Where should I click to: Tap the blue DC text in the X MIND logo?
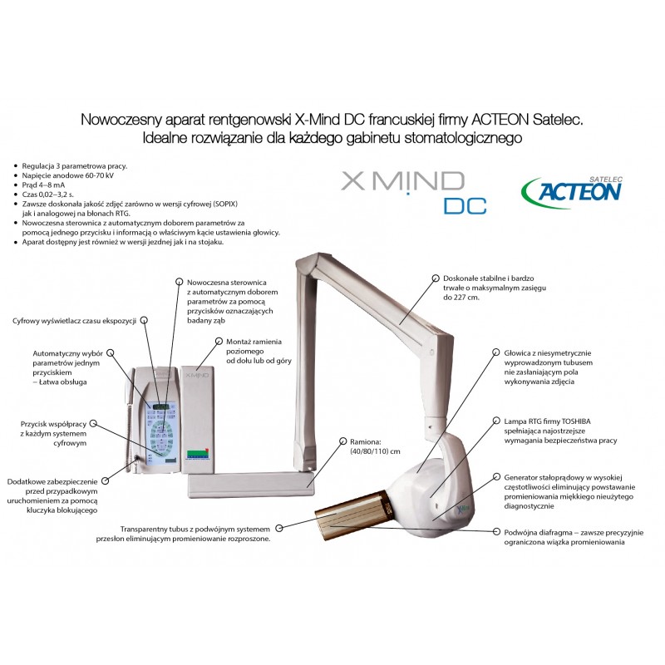tap(465, 206)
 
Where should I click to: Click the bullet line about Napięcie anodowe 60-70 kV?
tap(68, 175)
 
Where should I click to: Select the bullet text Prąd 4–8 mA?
tap(43, 185)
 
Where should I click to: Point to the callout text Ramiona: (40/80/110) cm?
tap(375, 446)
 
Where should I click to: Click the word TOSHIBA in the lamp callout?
tap(576, 421)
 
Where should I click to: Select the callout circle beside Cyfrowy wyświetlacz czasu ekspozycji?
tap(144, 321)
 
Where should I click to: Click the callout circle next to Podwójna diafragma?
tap(496, 531)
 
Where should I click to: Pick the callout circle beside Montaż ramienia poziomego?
tap(219, 341)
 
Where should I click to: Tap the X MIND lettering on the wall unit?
tap(197, 376)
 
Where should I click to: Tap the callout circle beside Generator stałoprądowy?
tap(496, 476)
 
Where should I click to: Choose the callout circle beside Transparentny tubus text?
tap(279, 529)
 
